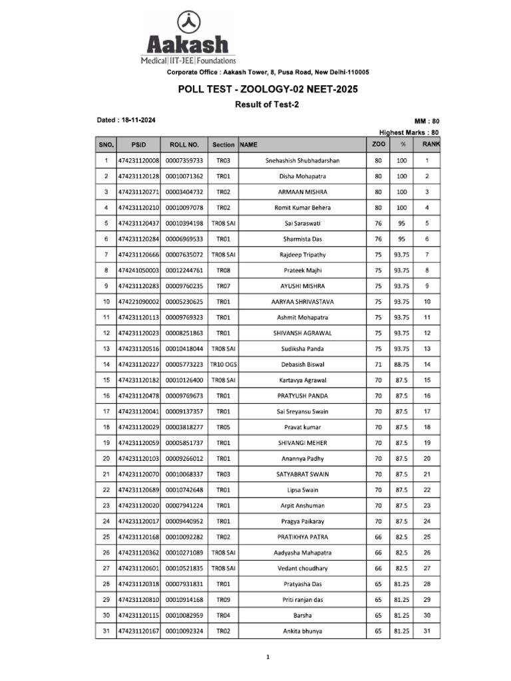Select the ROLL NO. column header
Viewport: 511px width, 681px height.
(x=184, y=144)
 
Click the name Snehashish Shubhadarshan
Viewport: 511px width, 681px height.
(x=302, y=160)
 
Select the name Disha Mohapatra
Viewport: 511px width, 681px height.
(x=302, y=176)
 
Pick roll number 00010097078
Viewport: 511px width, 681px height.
(x=184, y=207)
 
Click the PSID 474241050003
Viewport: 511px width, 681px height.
(x=138, y=270)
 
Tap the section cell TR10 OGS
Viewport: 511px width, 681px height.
(x=223, y=364)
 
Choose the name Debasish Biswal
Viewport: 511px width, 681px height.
(x=302, y=364)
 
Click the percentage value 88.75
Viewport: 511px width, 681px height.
(x=402, y=364)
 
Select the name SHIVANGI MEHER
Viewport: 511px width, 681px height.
(x=302, y=443)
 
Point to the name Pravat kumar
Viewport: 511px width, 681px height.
(x=302, y=427)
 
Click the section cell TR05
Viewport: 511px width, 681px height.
(x=223, y=427)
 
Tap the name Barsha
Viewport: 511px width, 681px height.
(x=302, y=615)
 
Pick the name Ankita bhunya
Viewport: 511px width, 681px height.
(x=302, y=631)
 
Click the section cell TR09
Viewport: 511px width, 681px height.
(x=223, y=600)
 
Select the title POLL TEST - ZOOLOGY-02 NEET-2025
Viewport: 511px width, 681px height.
(x=267, y=89)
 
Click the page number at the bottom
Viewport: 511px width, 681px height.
(x=267, y=657)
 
